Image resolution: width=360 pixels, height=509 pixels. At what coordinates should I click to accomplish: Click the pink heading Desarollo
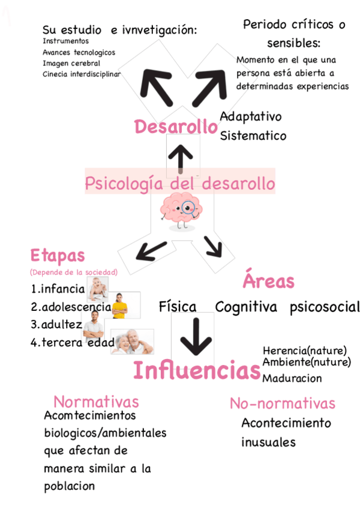click(175, 127)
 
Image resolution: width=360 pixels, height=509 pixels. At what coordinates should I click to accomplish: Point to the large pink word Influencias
click(197, 370)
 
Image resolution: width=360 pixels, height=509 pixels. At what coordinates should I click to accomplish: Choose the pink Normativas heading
click(96, 401)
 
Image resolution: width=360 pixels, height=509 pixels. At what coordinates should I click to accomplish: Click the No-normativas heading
click(282, 403)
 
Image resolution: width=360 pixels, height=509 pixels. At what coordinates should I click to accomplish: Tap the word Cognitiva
click(246, 307)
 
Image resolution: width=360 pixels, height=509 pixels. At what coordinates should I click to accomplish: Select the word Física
click(178, 307)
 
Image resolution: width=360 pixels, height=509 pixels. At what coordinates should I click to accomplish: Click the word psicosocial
click(324, 307)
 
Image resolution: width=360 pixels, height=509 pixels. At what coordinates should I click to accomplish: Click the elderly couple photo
click(132, 341)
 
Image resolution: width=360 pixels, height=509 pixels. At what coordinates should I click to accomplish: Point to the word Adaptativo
click(250, 116)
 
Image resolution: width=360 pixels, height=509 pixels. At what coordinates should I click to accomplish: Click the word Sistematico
click(253, 135)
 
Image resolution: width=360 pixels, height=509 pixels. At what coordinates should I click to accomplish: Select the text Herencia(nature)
click(305, 350)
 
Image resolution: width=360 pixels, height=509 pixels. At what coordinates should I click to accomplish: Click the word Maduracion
click(292, 378)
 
